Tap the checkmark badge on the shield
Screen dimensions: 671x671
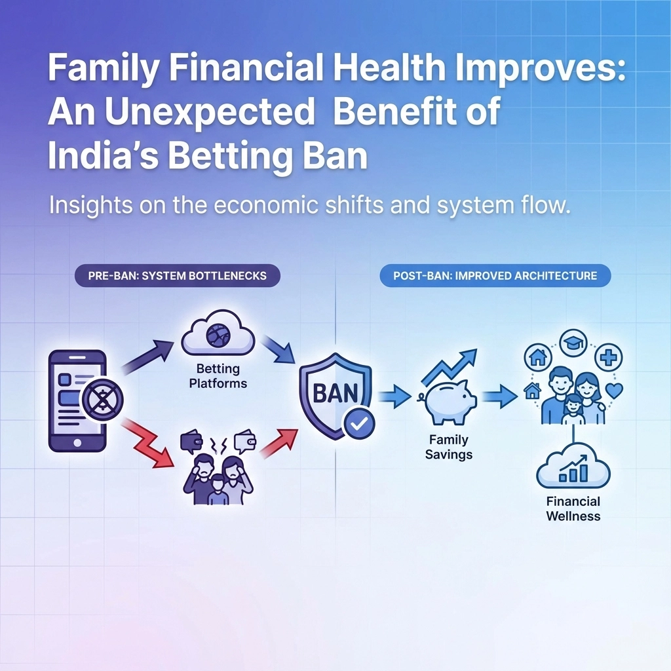359,424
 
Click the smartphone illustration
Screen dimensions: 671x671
77,400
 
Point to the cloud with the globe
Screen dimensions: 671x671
218,333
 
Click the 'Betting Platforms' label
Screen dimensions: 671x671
218,375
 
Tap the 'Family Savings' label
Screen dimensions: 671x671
448,447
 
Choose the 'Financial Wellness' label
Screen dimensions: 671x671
573,508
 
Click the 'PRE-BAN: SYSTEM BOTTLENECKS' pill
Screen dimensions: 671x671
177,276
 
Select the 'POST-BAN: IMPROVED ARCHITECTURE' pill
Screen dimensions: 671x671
495,276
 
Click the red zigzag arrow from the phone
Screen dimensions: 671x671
147,444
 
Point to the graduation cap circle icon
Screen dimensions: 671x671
573,342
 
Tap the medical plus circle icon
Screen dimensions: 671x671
609,357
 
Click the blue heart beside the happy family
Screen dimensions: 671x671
615,391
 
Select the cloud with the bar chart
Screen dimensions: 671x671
573,467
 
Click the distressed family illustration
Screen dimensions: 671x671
218,467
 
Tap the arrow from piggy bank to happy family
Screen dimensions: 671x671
500,395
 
